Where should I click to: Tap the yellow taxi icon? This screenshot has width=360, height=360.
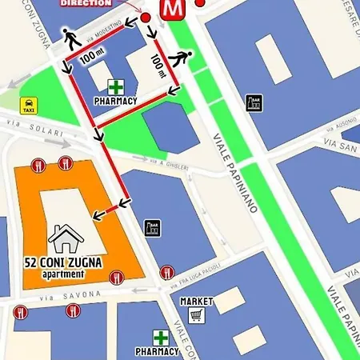pos(29,105)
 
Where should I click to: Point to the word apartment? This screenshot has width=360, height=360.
pos(63,274)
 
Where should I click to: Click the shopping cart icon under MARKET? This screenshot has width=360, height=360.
pos(196,314)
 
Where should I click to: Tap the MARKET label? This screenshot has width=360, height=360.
pos(197,301)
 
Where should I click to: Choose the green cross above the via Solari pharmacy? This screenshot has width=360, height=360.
pos(117,86)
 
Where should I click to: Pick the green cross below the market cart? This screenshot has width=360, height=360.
pos(162,338)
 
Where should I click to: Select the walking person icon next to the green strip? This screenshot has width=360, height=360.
pos(183,59)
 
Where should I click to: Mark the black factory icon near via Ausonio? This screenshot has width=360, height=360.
pos(254,103)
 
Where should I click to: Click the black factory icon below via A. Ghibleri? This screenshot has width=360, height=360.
pos(152,228)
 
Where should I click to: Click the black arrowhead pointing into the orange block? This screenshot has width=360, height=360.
pos(95,214)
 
